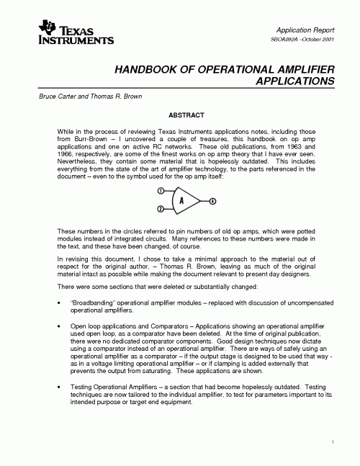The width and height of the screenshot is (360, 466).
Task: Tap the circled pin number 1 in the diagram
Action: tap(161, 190)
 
